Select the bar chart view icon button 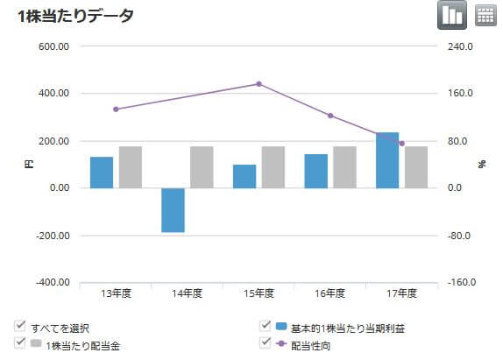[x=451, y=15]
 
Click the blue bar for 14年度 [x=174, y=210]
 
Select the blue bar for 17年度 [x=387, y=160]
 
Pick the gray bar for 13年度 [x=131, y=167]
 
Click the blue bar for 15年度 [x=244, y=176]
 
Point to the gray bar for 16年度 [x=344, y=167]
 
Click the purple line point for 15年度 [x=259, y=84]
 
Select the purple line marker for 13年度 [x=116, y=109]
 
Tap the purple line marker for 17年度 [x=401, y=144]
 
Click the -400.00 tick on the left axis [x=52, y=283]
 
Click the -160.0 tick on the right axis [x=461, y=283]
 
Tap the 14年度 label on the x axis [x=188, y=293]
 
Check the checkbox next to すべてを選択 [x=19, y=328]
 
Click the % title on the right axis [x=481, y=164]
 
